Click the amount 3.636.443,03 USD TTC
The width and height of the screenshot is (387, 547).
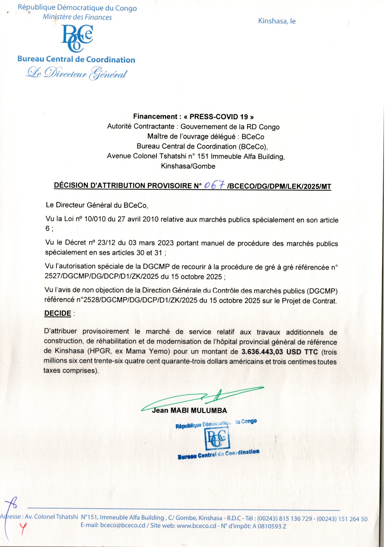(279, 352)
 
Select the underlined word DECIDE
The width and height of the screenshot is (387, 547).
(58, 313)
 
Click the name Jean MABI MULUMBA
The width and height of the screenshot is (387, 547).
(189, 410)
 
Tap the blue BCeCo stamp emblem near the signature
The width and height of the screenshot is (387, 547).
(218, 438)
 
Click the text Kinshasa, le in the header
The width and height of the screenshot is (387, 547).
(277, 21)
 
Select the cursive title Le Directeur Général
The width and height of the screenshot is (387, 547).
(77, 73)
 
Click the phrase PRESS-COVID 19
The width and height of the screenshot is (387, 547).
(218, 117)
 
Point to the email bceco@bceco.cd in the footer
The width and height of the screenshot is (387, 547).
(123, 525)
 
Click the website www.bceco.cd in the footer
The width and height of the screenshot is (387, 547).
(196, 526)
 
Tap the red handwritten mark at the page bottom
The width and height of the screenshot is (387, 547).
(23, 527)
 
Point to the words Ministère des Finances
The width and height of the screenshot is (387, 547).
(77, 17)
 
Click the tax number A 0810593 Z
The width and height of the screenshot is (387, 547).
(269, 526)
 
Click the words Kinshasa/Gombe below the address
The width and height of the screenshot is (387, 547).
(188, 166)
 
